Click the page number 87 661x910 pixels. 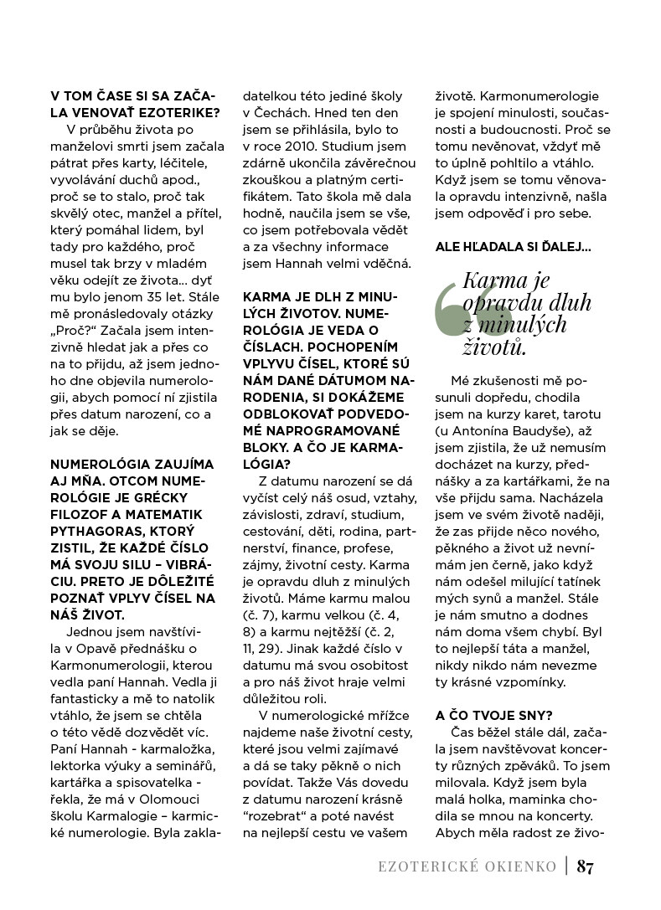click(x=585, y=866)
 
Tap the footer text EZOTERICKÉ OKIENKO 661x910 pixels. click(x=467, y=866)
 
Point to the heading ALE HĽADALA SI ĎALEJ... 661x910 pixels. click(x=513, y=246)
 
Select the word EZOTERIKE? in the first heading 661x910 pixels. click(x=173, y=112)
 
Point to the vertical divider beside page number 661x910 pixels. click(x=566, y=866)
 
